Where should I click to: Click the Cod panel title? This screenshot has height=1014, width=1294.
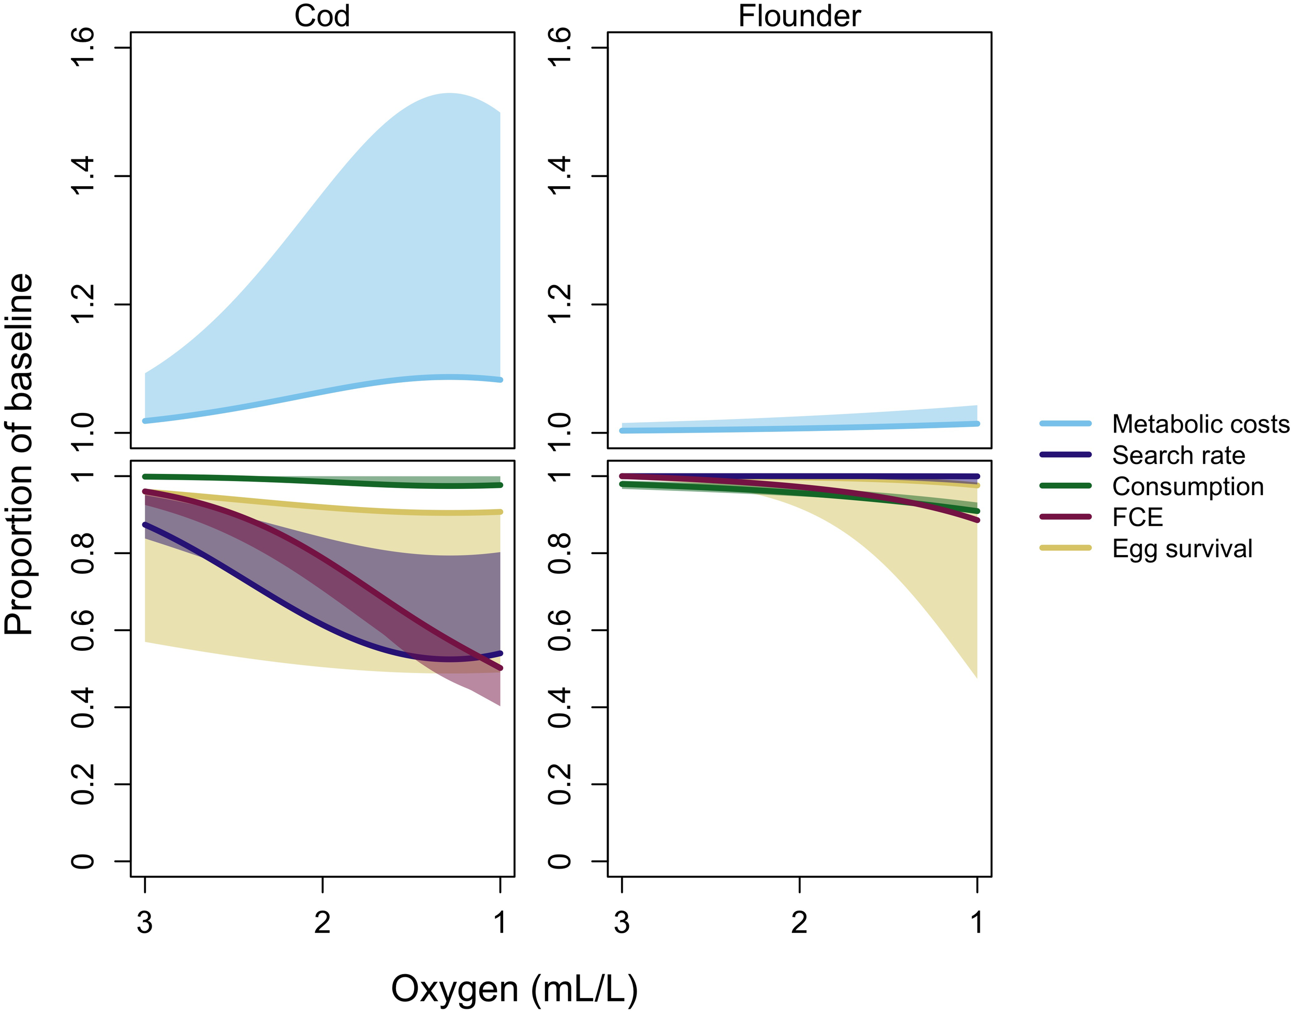(322, 16)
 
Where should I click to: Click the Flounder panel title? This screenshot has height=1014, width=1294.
(799, 16)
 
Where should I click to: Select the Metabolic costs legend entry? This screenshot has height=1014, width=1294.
(1200, 424)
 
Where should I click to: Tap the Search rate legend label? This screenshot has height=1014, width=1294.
(1178, 455)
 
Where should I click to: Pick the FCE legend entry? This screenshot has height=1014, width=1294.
(1137, 518)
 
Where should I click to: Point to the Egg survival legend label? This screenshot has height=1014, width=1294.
(1182, 548)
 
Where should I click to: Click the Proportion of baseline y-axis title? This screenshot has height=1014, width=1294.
(19, 454)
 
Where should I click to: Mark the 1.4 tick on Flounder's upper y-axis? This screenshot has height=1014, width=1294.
(560, 176)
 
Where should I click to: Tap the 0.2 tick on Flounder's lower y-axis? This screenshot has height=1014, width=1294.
(560, 784)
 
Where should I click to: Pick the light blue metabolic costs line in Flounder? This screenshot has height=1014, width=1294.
(799, 427)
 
